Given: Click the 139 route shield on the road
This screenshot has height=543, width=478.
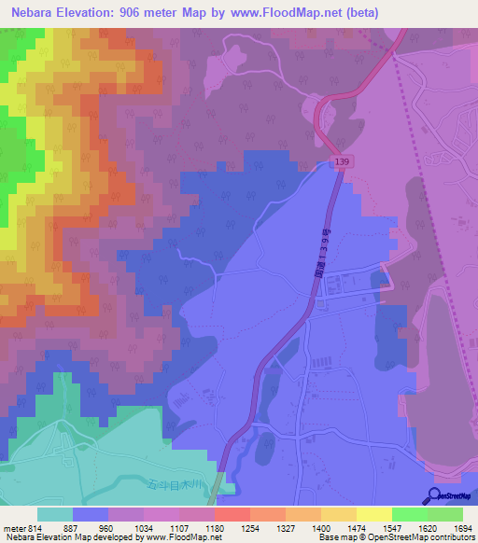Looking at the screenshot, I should [342, 163].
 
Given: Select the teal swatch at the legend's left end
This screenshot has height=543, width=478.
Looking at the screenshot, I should [55, 514].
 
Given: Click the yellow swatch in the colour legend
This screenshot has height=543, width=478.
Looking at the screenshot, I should [374, 514].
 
